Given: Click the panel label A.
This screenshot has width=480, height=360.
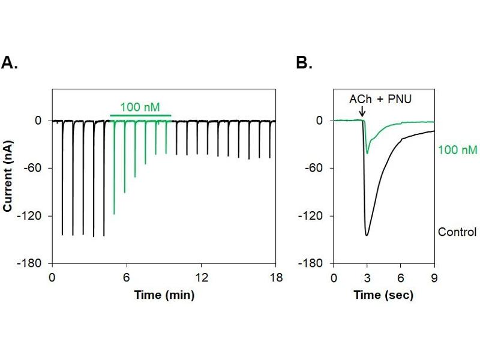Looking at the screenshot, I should (x=10, y=62).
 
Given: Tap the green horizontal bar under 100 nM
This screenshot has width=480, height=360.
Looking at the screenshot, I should (x=140, y=115).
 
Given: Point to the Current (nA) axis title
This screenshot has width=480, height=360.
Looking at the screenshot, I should (x=9, y=176).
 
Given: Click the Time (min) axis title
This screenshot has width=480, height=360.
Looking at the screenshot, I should (x=164, y=295).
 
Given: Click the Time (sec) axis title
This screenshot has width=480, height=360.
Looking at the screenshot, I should (x=383, y=295).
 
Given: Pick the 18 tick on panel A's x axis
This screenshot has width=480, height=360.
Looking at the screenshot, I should (x=275, y=278).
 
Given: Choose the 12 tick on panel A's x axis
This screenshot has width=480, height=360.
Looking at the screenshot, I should (x=201, y=278).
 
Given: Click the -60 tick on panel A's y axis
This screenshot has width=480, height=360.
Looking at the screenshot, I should (x=38, y=168).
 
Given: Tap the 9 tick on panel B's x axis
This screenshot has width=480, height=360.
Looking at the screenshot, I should (x=434, y=278).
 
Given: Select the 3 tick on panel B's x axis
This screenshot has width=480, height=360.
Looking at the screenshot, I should (x=367, y=278).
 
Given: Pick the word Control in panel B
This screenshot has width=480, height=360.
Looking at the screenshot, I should (x=457, y=232).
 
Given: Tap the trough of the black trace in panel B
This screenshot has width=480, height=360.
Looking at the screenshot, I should (x=366, y=235).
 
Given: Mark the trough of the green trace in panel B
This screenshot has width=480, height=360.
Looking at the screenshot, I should (x=367, y=153).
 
